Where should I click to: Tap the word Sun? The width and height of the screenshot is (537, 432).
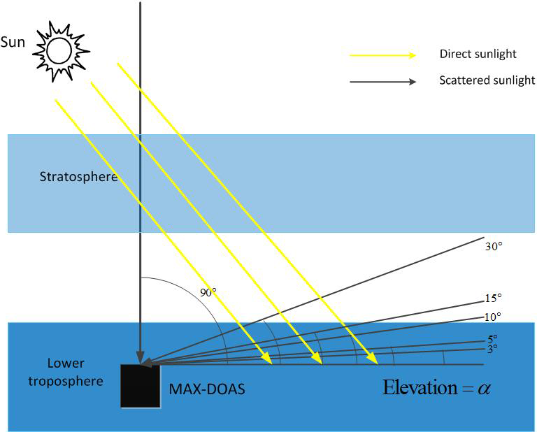click(x=13, y=42)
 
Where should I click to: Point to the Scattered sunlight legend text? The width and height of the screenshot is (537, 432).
click(x=487, y=80)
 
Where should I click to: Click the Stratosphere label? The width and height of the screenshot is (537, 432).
click(x=78, y=176)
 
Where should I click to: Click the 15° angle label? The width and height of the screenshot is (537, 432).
click(x=493, y=298)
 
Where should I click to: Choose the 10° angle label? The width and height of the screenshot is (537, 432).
click(x=492, y=317)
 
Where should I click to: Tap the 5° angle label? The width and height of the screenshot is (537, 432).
click(x=492, y=338)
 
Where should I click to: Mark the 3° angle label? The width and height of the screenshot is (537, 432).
click(x=492, y=347)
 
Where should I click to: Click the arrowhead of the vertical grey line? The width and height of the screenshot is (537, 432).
click(x=141, y=359)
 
